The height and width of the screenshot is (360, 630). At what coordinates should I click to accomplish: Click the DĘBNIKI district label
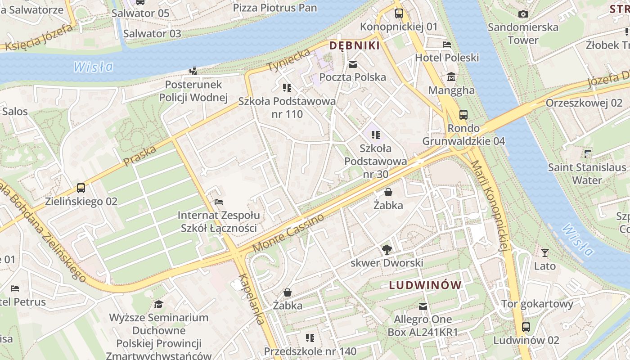[x=355, y=45]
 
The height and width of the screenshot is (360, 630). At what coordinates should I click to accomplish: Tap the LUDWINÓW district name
[x=425, y=285]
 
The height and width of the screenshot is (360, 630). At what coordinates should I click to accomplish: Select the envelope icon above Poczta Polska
[x=353, y=64]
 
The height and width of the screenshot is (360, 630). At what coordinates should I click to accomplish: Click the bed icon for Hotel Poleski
[x=446, y=45]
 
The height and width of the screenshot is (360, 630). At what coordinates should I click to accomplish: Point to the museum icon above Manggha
[x=451, y=77]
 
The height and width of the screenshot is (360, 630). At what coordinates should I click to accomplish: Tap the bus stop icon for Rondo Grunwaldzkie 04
[x=463, y=115]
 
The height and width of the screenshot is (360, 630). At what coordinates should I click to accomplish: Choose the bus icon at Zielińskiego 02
[x=81, y=188]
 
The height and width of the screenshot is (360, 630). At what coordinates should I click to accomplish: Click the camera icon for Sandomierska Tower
[x=523, y=14]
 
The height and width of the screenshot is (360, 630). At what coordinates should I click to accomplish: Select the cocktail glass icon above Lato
[x=545, y=253]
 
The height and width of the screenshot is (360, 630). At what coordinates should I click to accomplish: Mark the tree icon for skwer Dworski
[x=387, y=249]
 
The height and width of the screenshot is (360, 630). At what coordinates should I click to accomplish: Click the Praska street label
[x=139, y=155]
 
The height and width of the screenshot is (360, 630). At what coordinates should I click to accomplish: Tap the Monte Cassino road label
[x=288, y=233]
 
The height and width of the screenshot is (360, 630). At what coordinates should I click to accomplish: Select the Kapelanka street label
[x=252, y=299]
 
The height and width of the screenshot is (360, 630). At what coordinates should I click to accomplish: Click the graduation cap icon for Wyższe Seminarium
[x=158, y=305]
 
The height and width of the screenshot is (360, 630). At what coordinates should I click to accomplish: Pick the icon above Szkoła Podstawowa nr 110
[x=287, y=87]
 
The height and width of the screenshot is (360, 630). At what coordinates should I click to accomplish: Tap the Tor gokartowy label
[x=537, y=304]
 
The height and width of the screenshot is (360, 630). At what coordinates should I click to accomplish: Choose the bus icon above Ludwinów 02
[x=526, y=327]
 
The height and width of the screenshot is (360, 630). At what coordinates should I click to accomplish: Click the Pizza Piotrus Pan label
[x=275, y=8]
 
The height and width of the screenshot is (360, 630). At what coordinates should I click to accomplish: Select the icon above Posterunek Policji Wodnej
[x=193, y=71]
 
